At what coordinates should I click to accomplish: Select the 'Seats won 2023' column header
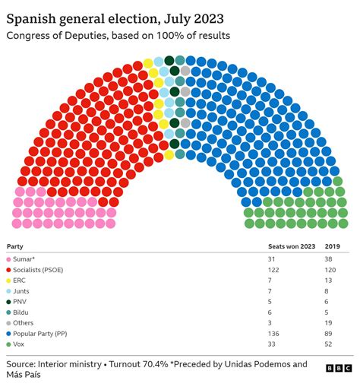point(292,246)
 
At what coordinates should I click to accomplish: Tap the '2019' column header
point(333,246)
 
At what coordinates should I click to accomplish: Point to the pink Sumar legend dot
point(9,259)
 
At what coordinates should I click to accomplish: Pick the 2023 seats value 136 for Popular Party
point(274,333)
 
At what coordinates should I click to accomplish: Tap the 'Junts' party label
point(24,291)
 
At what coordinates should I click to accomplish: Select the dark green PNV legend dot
point(9,302)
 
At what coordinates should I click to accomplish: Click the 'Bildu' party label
point(24,312)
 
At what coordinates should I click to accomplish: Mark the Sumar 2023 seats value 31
point(273,259)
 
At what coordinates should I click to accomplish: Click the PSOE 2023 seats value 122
point(274,270)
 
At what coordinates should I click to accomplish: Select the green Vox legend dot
point(9,344)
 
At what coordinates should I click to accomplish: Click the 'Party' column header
point(15,246)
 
